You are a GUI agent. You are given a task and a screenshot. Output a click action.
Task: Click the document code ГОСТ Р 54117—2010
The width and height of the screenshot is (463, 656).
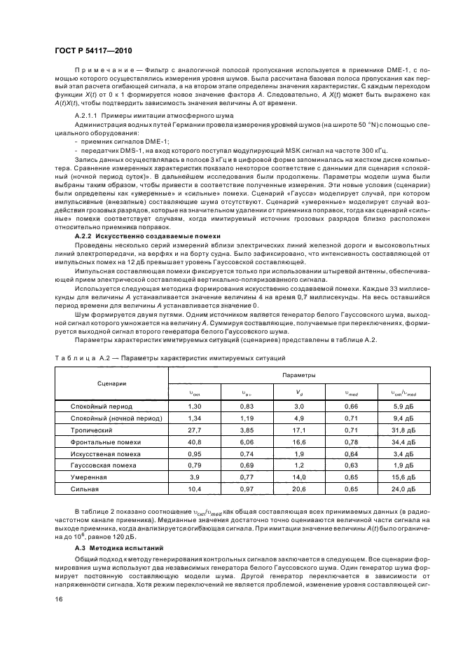[92, 51]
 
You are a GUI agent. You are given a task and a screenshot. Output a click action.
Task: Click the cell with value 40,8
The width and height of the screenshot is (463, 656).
[195, 442]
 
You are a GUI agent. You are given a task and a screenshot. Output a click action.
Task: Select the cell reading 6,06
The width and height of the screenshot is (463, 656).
[248, 442]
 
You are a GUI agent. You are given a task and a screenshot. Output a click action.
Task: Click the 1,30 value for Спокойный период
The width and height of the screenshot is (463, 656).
[195, 407]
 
